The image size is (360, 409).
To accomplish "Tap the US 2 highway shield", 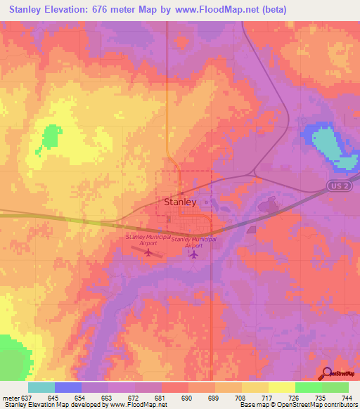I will [x=337, y=185].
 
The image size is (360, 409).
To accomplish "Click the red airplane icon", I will [x=148, y=252].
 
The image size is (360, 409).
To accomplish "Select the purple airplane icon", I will [x=193, y=254].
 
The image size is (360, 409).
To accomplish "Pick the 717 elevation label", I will [x=268, y=397].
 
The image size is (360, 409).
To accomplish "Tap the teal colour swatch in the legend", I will [x=41, y=387].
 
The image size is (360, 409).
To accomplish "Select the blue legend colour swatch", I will [x=68, y=387].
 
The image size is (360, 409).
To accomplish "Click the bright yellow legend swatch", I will [x=282, y=387].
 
